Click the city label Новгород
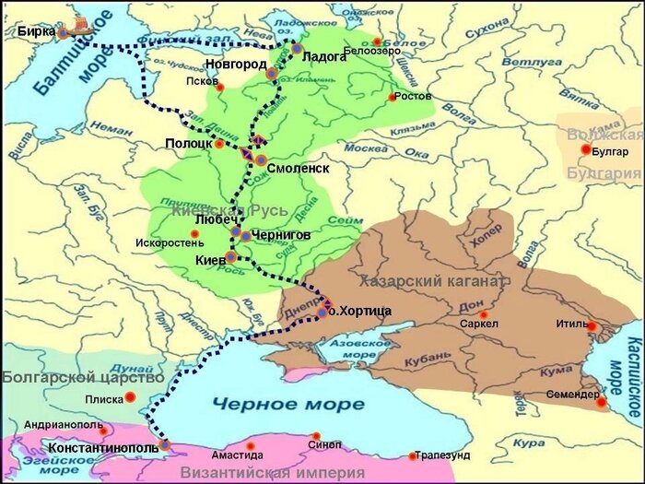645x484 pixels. (236, 64)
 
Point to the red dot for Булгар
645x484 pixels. (586, 149)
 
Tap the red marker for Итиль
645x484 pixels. (592, 326)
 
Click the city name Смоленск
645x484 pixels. (299, 168)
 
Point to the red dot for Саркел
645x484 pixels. (483, 314)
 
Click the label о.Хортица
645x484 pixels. (362, 312)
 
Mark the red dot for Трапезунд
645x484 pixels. (413, 455)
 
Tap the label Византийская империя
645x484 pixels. (258, 473)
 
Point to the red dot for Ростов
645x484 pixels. (393, 97)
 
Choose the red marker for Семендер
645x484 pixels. (601, 402)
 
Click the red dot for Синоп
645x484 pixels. (316, 436)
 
